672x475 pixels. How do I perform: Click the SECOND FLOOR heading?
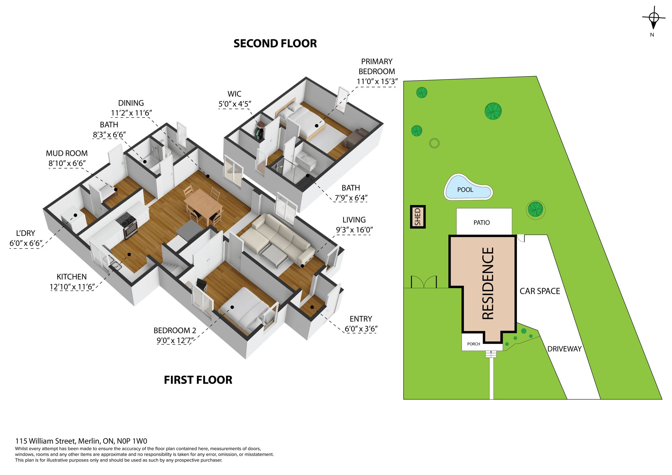275,44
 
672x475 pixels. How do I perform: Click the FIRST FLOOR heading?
198,380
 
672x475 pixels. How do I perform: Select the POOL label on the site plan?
465,190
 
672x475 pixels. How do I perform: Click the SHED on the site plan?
418,217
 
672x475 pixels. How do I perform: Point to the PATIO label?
481,223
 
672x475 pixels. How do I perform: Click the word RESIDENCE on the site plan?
488,283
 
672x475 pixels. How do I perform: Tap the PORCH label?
473,344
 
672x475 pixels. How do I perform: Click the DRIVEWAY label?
564,349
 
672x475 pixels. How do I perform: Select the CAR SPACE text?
540,291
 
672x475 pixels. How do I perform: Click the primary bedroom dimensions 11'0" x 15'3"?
377,82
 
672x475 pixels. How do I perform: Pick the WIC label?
234,94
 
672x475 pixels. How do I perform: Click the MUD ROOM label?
67,153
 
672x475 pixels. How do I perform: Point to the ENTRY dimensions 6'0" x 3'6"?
361,329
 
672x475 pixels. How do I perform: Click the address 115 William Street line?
81,441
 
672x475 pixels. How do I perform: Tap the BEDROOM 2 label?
172,330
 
